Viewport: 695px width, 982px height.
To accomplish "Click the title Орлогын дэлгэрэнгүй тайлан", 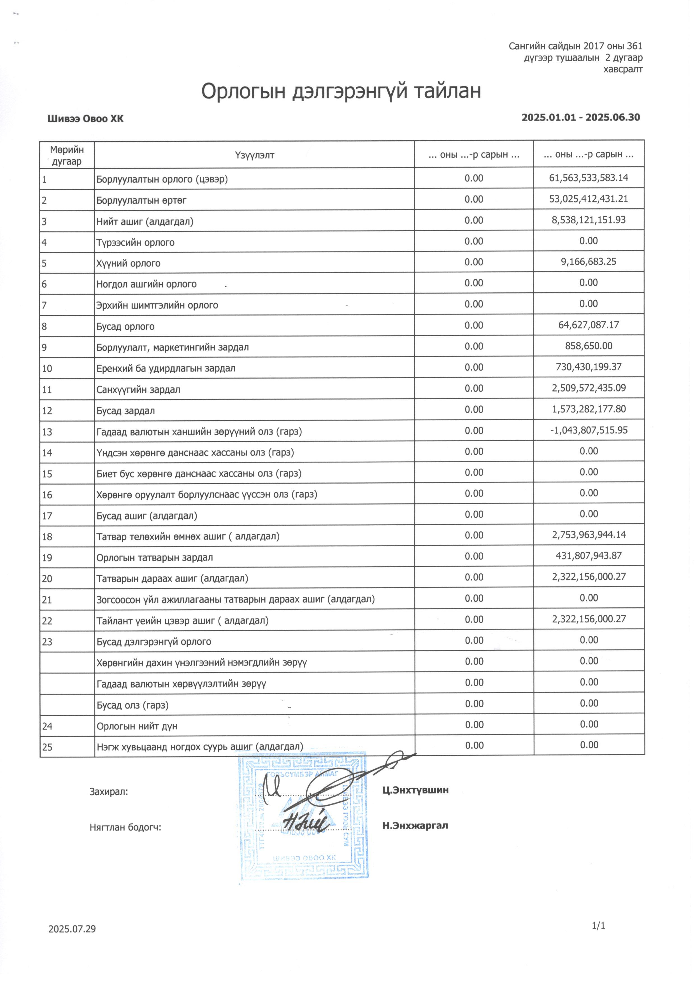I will [341, 91].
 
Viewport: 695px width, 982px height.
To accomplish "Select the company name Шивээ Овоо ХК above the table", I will [86, 119].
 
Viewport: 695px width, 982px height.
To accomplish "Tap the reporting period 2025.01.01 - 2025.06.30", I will [580, 118].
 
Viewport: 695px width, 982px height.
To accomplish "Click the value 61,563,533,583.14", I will [589, 178].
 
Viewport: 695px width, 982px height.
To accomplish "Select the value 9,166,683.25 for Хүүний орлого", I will [589, 262].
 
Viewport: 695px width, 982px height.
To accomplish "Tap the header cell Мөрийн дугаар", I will [67, 155].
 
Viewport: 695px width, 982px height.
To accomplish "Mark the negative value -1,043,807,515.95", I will [589, 430].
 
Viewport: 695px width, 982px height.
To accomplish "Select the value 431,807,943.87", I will [589, 556].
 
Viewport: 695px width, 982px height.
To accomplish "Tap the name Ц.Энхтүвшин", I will [415, 790].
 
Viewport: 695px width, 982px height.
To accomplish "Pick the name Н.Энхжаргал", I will [415, 825].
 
